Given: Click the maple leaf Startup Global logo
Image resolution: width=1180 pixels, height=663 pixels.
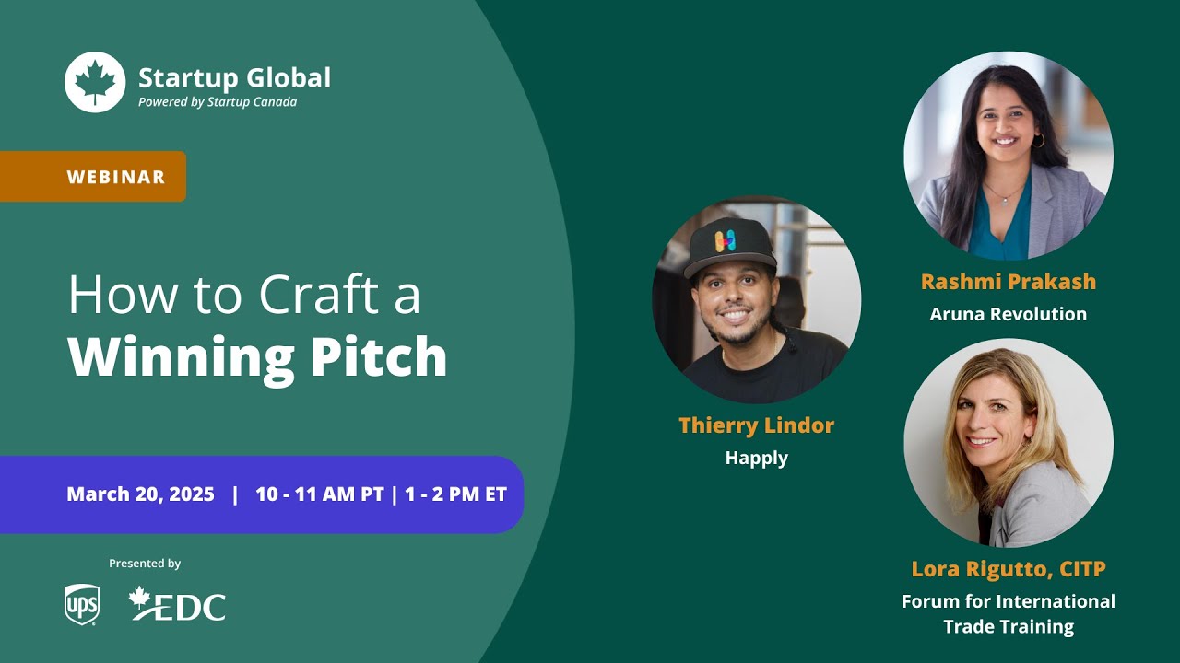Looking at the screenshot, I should tap(95, 82).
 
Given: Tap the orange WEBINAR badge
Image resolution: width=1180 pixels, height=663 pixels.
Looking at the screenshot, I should tap(116, 177).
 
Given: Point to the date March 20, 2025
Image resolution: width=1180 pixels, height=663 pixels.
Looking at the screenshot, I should tap(140, 494).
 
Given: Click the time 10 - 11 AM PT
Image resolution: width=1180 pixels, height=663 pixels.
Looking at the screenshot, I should tap(319, 494).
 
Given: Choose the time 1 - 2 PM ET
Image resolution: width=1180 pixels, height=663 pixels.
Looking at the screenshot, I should tap(455, 494).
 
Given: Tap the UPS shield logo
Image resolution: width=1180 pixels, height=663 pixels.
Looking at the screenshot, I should tap(81, 605).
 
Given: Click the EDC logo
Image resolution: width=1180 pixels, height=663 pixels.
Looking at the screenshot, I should tap(178, 604).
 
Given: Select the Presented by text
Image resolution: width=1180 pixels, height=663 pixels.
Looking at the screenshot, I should tap(145, 564).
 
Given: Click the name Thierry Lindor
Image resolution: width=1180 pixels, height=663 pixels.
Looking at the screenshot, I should tap(756, 425).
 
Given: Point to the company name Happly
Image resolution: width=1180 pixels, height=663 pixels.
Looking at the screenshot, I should tap(756, 458).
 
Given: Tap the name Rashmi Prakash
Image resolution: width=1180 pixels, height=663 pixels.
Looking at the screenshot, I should tap(1009, 282).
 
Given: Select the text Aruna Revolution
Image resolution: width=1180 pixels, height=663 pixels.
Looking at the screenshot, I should tap(1009, 314).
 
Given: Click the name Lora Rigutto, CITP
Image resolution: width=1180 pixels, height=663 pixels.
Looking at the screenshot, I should tap(1009, 569).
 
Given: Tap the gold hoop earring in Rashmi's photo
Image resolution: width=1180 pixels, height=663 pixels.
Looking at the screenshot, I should tap(1038, 141).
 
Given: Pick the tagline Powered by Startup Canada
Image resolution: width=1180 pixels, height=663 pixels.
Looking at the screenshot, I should tap(218, 102).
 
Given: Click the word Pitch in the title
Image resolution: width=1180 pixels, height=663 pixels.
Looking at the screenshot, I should tap(384, 357).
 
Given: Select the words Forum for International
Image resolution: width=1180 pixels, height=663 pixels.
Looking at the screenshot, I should tap(1009, 601).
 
